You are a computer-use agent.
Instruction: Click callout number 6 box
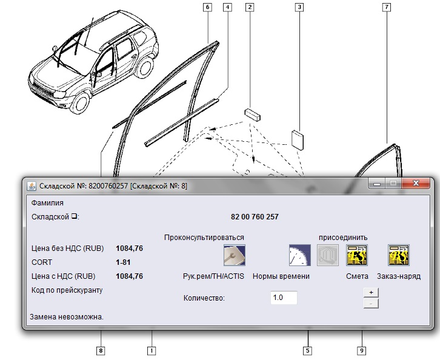pos(207,7)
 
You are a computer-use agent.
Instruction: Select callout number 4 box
pos(228,7)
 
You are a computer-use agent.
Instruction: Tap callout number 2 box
pos(250,7)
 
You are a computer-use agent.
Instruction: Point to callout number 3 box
pos(299,7)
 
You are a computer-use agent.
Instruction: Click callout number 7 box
pos(387,7)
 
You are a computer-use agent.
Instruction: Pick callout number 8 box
pos(101,350)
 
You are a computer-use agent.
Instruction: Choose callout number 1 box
pos(152,350)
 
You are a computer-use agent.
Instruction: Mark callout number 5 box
pos(307,350)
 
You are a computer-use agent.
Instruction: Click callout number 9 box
pos(361,350)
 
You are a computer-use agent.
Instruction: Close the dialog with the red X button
pos(416,183)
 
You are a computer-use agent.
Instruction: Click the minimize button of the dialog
pos(377,184)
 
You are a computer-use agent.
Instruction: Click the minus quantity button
pos(371,304)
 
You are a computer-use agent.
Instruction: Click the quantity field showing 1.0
pos(284,298)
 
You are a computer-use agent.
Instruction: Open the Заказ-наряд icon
pos(399,255)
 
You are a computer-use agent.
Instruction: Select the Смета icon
pos(357,255)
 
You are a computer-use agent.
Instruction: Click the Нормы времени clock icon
pos(299,255)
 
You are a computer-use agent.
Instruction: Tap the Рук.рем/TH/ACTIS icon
pos(235,255)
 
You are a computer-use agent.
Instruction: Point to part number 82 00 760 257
pos(255,217)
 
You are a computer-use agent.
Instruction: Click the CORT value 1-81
pos(123,262)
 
